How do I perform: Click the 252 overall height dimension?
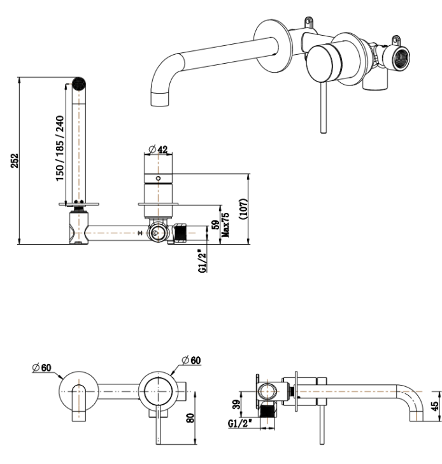13,161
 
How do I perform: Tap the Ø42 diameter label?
158,149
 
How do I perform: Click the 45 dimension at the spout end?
436,407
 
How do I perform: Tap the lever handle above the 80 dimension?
157,424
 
